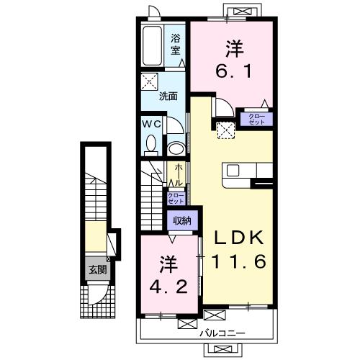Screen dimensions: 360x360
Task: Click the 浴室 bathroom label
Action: point(176,45)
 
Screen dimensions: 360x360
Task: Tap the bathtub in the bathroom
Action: point(152,45)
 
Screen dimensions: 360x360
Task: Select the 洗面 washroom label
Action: point(168,96)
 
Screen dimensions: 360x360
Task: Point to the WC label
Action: point(151,124)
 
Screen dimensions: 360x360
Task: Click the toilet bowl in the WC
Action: point(151,145)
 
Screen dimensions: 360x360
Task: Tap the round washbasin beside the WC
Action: point(176,148)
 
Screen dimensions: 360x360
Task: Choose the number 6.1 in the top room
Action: point(234,71)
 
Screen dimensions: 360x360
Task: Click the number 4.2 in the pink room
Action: point(168,287)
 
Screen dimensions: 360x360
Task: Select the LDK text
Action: point(238,238)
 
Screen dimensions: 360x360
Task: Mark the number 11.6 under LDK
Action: point(239,261)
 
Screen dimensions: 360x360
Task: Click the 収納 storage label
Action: point(182,220)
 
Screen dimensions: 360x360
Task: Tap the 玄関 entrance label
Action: point(98,270)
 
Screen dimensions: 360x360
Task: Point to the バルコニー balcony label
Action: point(222,333)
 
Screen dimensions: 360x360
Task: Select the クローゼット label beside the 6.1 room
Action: point(257,120)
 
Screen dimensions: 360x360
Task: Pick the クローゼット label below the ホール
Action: point(176,199)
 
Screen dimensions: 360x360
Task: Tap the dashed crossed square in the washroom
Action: point(150,82)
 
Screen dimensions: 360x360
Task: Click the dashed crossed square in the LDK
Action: point(226,130)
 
